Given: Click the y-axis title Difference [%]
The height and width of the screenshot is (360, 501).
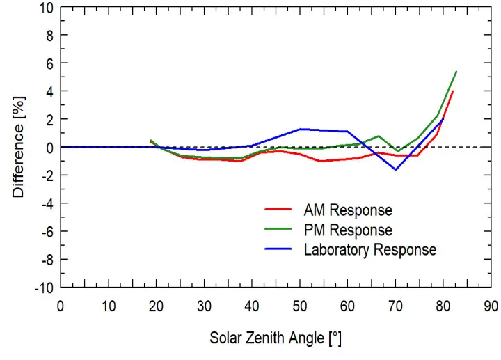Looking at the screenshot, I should pos(19,147).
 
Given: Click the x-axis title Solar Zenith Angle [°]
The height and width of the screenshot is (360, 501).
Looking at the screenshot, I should pos(276,339).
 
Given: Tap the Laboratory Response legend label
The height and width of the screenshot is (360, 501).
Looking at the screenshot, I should pos(369,249).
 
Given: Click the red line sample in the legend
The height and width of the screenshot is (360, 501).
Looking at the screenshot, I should pos(278,210).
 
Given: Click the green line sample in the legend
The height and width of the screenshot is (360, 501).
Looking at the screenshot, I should pos(278,230).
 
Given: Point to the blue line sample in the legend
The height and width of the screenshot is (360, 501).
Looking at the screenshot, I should pos(278,249).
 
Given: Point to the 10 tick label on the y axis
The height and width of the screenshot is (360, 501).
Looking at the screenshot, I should pos(46,7).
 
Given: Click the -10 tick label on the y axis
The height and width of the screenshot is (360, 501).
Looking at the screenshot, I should pos(43,288).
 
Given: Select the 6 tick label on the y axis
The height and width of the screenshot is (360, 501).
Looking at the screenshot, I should pos(49,63).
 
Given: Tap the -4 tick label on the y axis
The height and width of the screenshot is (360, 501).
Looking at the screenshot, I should pos(46,203).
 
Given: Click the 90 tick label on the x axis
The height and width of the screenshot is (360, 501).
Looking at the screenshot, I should pos(491,305).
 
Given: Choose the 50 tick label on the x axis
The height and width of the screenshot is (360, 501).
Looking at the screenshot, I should pos(300,305).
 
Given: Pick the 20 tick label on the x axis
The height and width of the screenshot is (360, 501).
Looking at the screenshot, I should pos(156,305).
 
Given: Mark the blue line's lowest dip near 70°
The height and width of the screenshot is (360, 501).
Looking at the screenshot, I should pos(396,169).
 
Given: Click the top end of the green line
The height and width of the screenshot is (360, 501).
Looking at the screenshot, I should pos(456,71).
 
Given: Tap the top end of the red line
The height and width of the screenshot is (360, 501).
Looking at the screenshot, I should pos(453,91).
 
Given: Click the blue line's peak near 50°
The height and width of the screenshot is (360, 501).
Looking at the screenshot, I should pos(300,129).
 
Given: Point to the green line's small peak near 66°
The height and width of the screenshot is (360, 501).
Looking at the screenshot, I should pos(379,136).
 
